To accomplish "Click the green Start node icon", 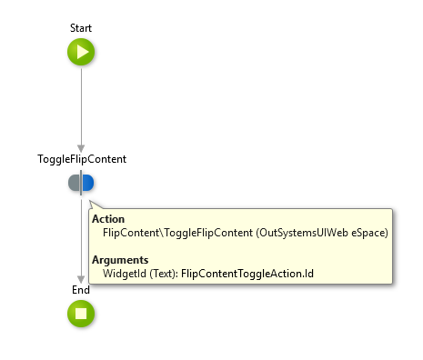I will pyautogui.click(x=81, y=53).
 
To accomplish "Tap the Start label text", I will pyautogui.click(x=81, y=29).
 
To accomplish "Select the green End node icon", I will pyautogui.click(x=81, y=314).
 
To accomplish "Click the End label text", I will pyautogui.click(x=81, y=290).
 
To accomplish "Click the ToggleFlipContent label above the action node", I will pyautogui.click(x=81, y=159).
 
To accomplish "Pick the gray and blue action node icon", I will pyautogui.click(x=81, y=183).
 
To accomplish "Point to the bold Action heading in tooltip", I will pyautogui.click(x=108, y=219).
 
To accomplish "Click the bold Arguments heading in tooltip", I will pyautogui.click(x=118, y=259).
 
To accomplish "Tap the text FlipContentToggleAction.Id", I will pyautogui.click(x=239, y=273).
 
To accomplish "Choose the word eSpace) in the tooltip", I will pyautogui.click(x=368, y=233).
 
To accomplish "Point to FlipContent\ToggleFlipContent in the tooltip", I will pyautogui.click(x=178, y=233).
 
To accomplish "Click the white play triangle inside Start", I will pyautogui.click(x=82, y=53).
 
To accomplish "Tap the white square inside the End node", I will pyautogui.click(x=81, y=314).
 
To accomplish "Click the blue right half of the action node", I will pyautogui.click(x=88, y=183).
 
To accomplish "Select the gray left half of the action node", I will pyautogui.click(x=74, y=183).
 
